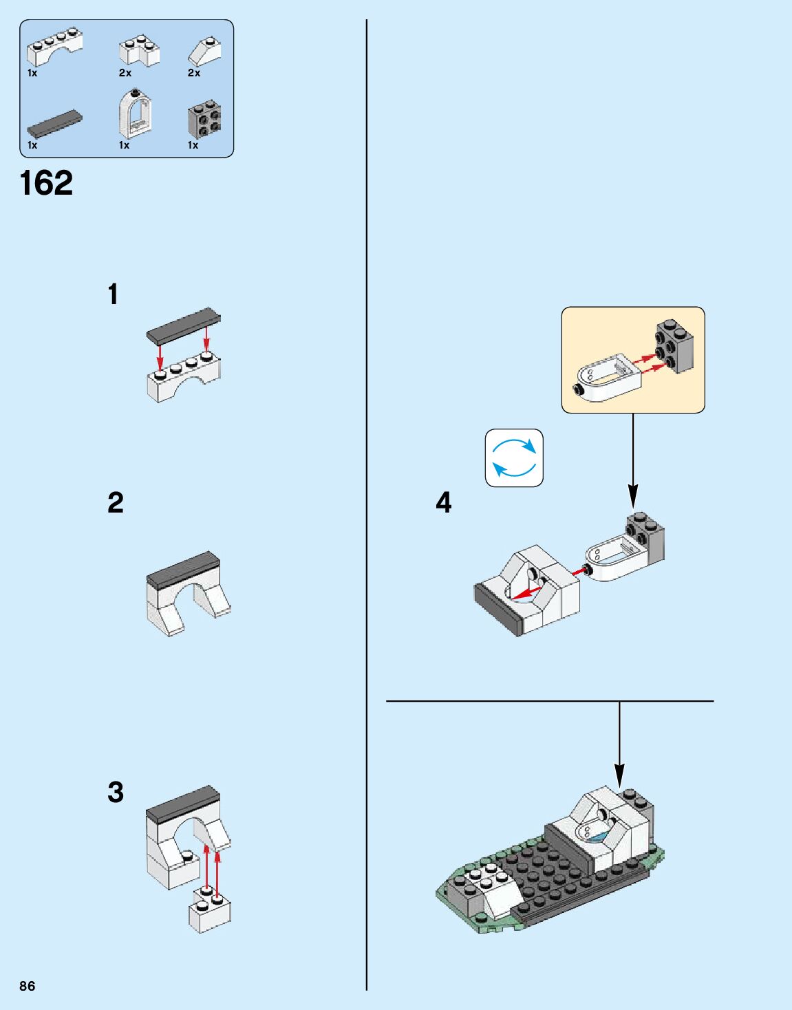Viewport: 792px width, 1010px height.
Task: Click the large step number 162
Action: click(46, 183)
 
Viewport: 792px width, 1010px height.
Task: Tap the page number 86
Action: click(28, 986)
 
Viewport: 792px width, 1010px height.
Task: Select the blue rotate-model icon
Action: click(514, 458)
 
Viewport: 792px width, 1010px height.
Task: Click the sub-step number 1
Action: click(114, 294)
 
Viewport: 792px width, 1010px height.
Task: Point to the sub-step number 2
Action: click(116, 503)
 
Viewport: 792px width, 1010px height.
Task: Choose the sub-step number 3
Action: click(116, 792)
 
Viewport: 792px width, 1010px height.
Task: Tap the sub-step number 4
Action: click(444, 503)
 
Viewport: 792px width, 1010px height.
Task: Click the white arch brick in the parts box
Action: click(54, 48)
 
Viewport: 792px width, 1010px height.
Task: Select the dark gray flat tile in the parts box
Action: click(54, 123)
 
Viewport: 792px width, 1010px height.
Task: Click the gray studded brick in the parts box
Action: click(204, 120)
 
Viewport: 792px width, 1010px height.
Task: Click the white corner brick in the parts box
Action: click(139, 51)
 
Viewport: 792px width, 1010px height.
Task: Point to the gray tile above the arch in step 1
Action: click(184, 325)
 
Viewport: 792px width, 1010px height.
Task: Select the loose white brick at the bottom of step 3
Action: click(210, 912)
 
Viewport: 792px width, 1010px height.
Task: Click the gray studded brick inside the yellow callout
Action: click(674, 346)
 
